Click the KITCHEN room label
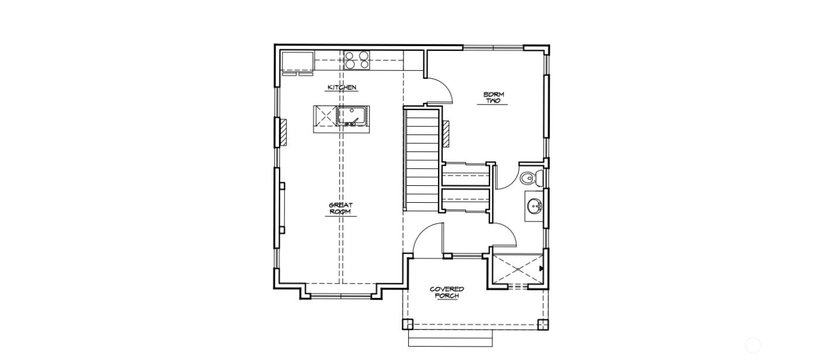click(341, 88)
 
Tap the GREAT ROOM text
click(340, 209)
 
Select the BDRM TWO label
click(494, 98)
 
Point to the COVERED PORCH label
click(447, 292)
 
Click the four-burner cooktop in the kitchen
click(357, 60)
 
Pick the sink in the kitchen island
click(352, 116)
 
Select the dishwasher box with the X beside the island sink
click(325, 116)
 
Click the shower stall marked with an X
click(516, 269)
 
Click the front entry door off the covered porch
click(428, 240)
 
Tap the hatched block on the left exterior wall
click(282, 132)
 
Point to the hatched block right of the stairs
click(446, 133)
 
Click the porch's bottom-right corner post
click(543, 324)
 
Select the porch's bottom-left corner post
click(408, 324)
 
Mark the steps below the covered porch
click(450, 338)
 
